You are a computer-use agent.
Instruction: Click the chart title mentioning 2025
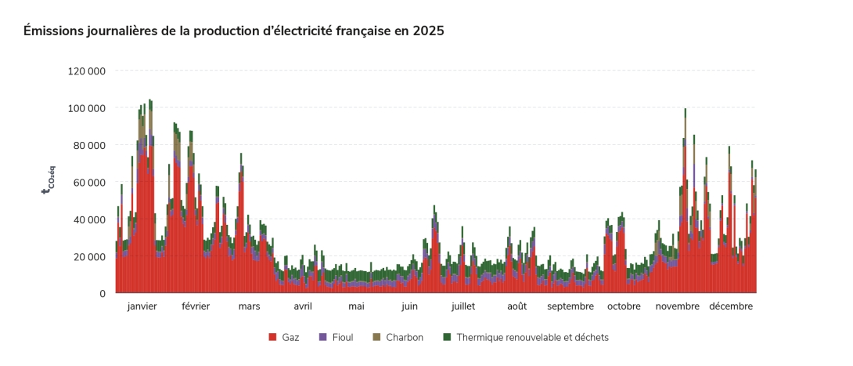(x=234, y=31)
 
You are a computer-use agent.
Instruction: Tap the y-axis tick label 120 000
(x=87, y=71)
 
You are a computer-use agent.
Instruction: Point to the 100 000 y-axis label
(x=87, y=108)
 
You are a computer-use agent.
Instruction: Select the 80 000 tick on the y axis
(x=89, y=145)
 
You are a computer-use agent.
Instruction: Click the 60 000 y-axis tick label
(x=89, y=183)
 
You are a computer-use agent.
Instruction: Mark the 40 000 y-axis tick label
(x=89, y=219)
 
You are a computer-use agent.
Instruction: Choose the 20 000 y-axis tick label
(x=89, y=257)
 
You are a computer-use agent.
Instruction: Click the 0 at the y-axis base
(x=102, y=294)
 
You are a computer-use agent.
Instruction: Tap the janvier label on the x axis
(x=142, y=306)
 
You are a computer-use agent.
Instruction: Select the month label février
(x=196, y=306)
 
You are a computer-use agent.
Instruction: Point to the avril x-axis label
(x=303, y=306)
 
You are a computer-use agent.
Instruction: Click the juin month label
(x=409, y=306)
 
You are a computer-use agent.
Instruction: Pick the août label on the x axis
(x=516, y=306)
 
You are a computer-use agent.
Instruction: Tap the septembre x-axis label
(x=570, y=306)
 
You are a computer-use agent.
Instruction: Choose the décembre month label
(x=731, y=306)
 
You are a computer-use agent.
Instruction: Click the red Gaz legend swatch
(x=272, y=338)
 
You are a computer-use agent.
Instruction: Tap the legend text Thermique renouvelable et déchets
(x=532, y=338)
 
